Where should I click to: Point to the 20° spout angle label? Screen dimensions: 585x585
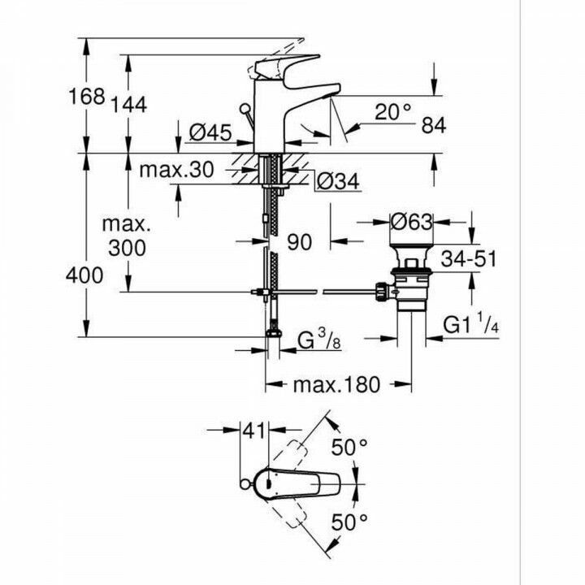coord(394,112)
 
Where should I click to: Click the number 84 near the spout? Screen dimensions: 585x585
coord(435,125)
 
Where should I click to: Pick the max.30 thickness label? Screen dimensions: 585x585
coord(176,170)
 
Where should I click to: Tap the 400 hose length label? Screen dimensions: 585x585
coord(85,275)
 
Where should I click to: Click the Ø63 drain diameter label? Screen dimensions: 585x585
coord(412,220)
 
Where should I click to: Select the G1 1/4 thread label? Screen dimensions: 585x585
coord(470,325)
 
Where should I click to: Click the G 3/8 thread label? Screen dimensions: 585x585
coord(314,338)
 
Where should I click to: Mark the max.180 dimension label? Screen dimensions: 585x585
coord(336,384)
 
